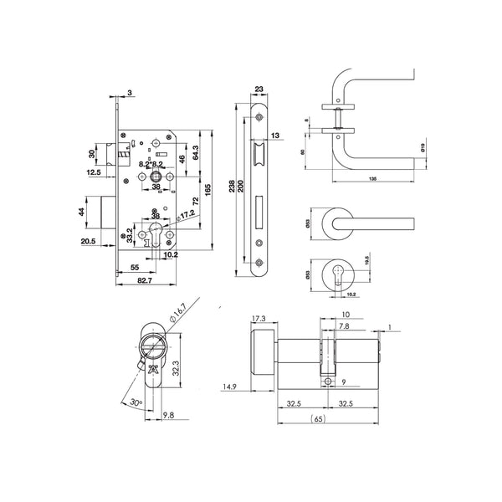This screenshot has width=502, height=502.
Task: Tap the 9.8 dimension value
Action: (x=168, y=413)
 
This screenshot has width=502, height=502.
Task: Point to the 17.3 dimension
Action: (x=257, y=319)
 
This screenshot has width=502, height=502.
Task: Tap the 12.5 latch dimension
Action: (x=94, y=172)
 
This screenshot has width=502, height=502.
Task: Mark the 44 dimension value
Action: (x=83, y=212)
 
